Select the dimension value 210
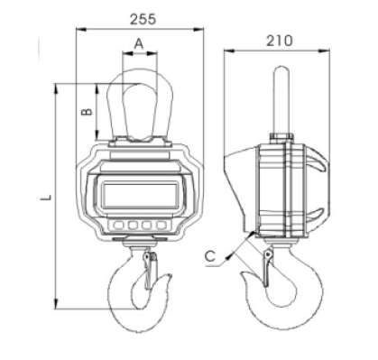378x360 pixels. click(279, 41)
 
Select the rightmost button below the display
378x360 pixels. click(161, 224)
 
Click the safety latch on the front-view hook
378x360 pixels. click(151, 269)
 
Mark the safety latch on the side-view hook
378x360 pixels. click(266, 268)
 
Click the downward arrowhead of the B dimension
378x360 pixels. click(97, 138)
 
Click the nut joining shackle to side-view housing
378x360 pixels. click(280, 137)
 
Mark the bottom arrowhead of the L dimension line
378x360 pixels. click(57, 306)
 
